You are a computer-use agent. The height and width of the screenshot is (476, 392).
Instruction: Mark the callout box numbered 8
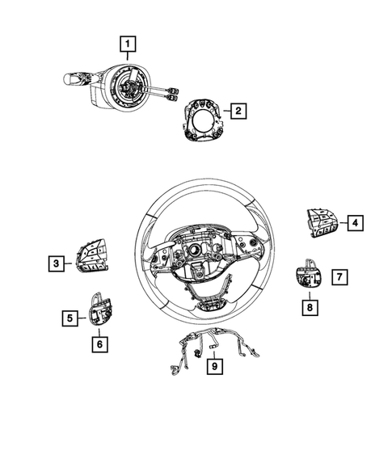[x=309, y=307]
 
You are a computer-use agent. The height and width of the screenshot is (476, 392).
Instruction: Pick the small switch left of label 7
[x=307, y=277]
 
